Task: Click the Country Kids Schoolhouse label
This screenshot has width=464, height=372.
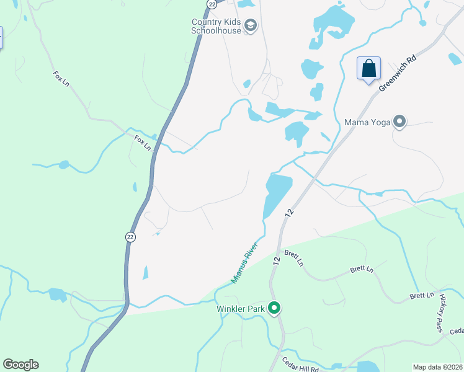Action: [x=216, y=26]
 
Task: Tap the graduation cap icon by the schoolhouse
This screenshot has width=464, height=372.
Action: [x=251, y=25]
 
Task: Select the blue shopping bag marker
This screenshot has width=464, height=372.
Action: [x=368, y=68]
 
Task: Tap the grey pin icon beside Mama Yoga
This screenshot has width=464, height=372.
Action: [x=399, y=122]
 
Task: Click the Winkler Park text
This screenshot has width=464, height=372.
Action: [x=240, y=308]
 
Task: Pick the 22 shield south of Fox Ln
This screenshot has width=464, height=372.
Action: [x=130, y=236]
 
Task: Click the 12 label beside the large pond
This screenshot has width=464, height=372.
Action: [x=289, y=213]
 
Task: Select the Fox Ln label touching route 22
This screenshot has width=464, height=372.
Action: [x=143, y=143]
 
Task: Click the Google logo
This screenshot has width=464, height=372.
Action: [x=20, y=365]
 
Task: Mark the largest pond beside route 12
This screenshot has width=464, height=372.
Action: [x=277, y=193]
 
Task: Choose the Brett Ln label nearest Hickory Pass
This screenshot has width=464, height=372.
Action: [x=421, y=296]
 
